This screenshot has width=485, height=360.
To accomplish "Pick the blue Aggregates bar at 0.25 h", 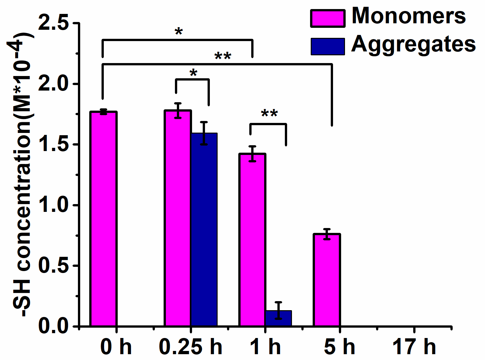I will coord(204,230).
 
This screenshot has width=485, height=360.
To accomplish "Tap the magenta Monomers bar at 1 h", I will coord(252,239).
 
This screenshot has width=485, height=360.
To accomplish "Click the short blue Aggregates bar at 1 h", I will coord(278,319).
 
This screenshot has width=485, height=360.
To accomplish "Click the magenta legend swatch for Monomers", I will coord(327,18).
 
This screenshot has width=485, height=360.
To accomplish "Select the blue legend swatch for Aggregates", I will coord(327,46).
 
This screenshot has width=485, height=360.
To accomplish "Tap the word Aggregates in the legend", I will coord(413,45).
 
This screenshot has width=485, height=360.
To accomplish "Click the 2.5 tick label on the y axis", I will coord(54,23).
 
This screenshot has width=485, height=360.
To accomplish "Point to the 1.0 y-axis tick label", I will coord(54,205).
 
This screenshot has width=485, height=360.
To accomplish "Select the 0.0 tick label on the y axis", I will coord(54,326).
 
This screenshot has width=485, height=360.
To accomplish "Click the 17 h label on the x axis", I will coord(414,347).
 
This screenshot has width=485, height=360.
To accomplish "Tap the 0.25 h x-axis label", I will coord(191,347).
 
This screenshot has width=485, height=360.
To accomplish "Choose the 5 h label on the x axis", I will coord(339,347).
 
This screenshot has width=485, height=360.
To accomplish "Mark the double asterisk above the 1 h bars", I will coord(269,114).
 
